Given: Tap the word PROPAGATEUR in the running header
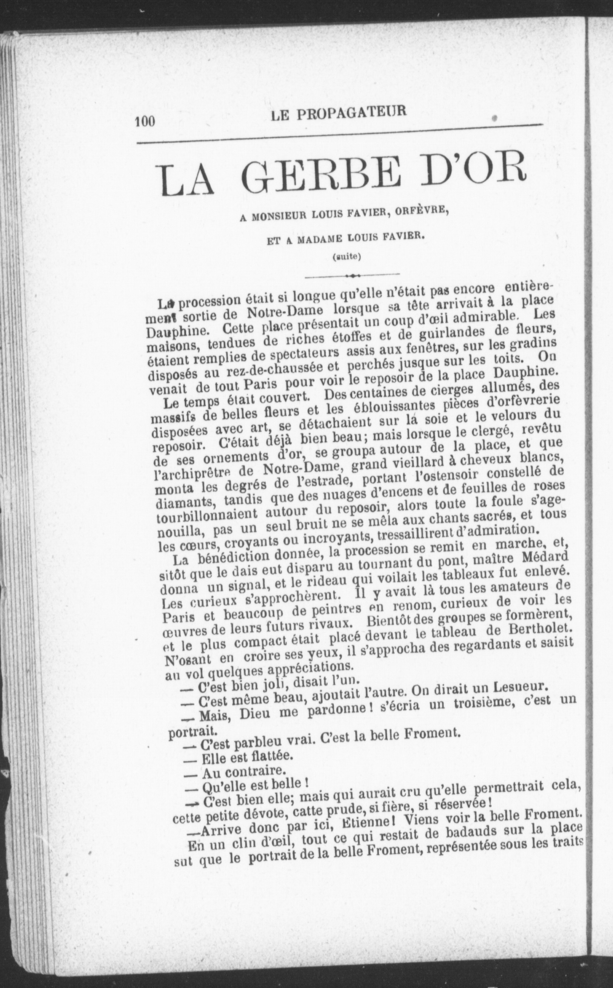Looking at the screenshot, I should [x=351, y=113].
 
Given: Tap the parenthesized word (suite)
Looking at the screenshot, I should [x=347, y=256].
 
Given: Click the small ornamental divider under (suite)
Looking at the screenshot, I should [x=352, y=275].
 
